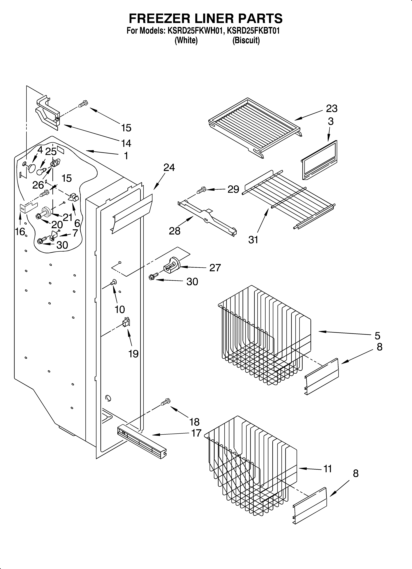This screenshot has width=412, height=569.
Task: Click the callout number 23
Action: click(331, 109)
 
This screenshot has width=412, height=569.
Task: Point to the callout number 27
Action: click(215, 268)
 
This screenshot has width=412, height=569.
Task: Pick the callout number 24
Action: click(169, 167)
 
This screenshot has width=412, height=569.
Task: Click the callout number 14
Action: click(126, 143)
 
